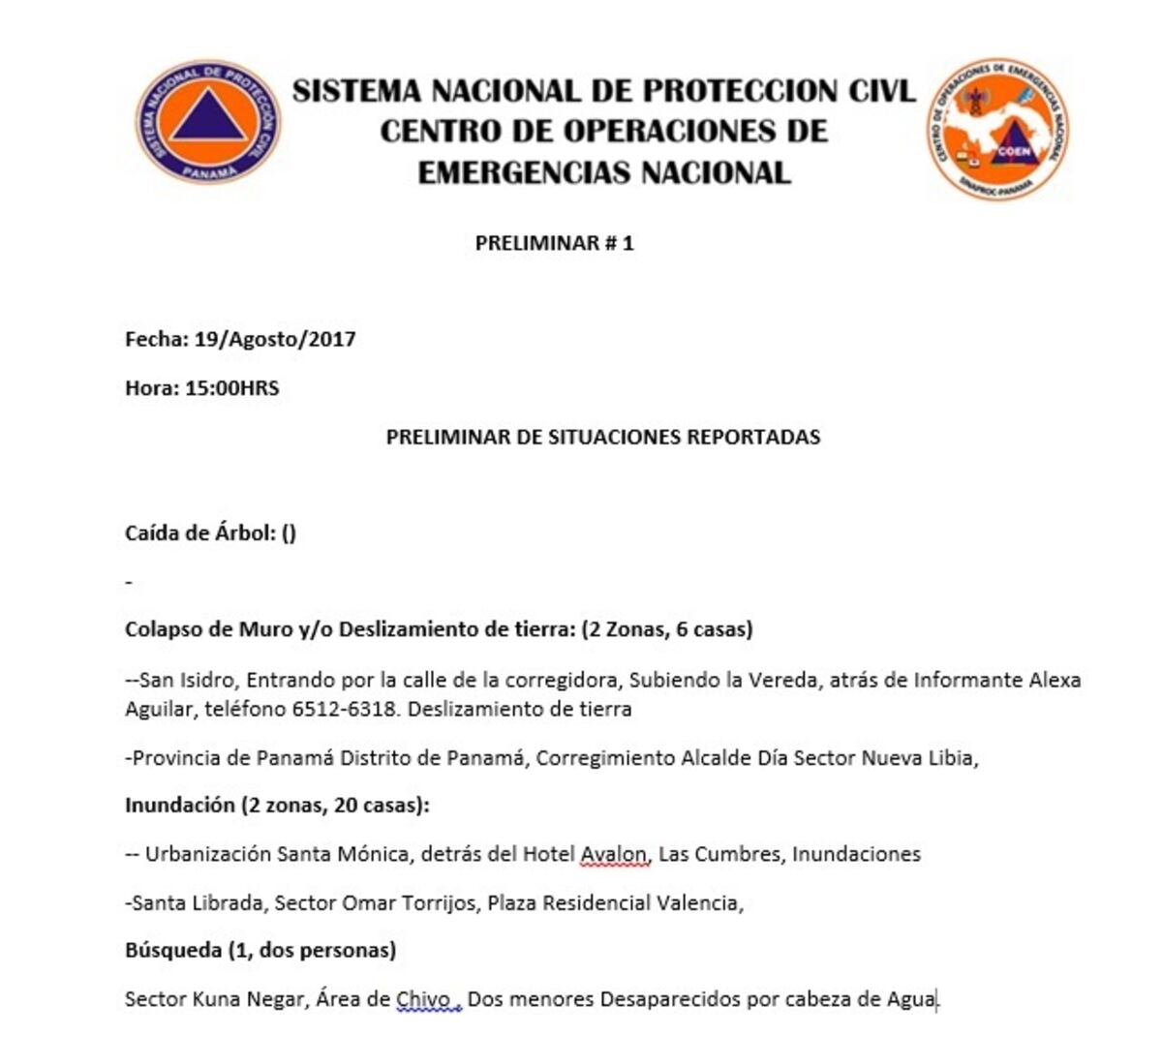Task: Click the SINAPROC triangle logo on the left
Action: [x=207, y=120]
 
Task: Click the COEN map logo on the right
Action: [x=998, y=129]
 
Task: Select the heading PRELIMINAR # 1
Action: [x=554, y=243]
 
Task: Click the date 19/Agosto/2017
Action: [x=275, y=340]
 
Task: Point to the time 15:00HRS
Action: [x=231, y=388]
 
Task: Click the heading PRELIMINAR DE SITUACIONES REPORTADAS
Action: [x=602, y=437]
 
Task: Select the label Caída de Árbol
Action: [x=199, y=533]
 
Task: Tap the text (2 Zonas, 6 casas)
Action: [x=666, y=629]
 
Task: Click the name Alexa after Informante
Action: [x=1054, y=680]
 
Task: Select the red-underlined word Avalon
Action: [x=613, y=854]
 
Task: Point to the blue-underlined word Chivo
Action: [x=423, y=999]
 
